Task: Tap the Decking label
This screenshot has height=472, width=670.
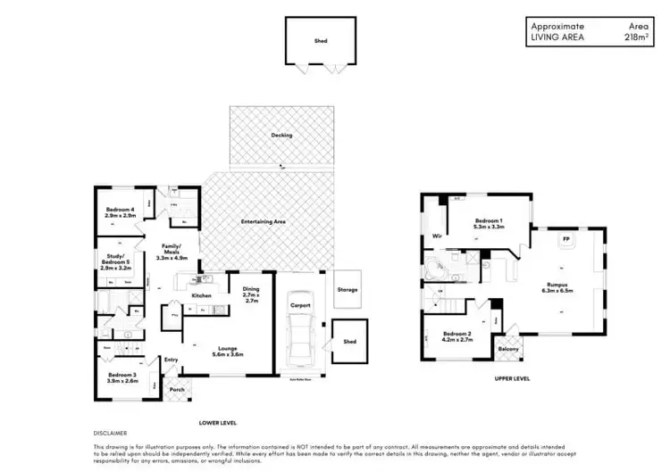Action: (281, 136)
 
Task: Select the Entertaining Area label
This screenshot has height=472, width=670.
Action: (263, 221)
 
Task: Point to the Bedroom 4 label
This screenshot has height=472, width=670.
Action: (120, 212)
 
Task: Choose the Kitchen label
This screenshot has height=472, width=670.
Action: (201, 294)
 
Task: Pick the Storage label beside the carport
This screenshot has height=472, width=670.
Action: (348, 290)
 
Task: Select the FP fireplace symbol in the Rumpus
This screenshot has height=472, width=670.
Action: (565, 240)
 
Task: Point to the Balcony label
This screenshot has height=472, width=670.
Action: (507, 349)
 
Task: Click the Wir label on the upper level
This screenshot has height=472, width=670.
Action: (437, 236)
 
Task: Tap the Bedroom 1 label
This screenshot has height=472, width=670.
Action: (490, 223)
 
